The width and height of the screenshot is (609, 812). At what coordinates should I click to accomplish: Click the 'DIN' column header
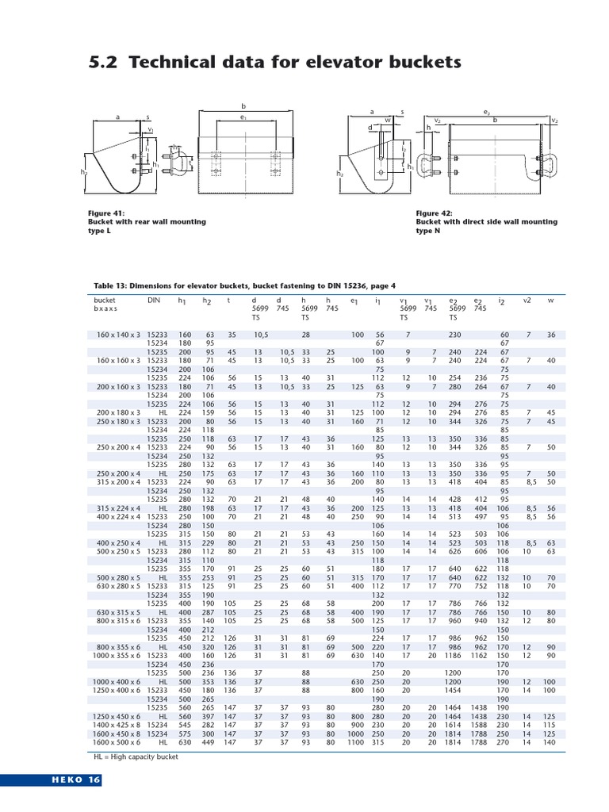[154, 301]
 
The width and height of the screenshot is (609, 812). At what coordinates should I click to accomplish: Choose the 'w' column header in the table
[551, 301]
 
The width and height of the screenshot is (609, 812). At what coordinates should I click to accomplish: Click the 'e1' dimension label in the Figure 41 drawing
[244, 117]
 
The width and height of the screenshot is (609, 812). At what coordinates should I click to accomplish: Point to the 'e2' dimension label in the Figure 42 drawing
[487, 113]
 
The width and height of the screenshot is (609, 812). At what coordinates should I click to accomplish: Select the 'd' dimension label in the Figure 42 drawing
[370, 127]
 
